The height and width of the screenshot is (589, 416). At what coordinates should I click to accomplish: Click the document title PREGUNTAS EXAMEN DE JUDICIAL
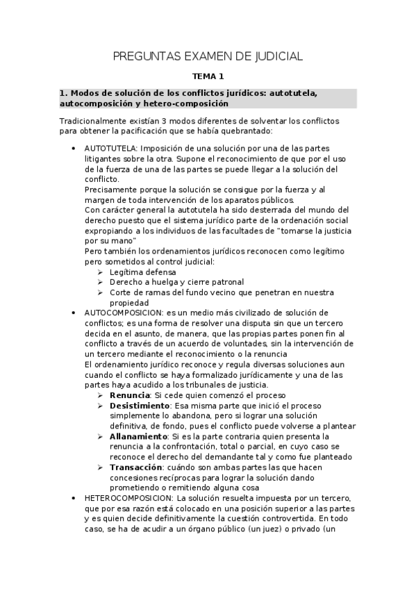[208, 56]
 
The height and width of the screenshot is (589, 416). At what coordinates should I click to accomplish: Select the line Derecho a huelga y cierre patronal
[177, 282]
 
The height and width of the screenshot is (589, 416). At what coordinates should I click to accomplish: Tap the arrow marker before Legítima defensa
[101, 272]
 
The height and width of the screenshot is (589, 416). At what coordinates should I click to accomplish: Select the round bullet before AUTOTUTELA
[74, 149]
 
